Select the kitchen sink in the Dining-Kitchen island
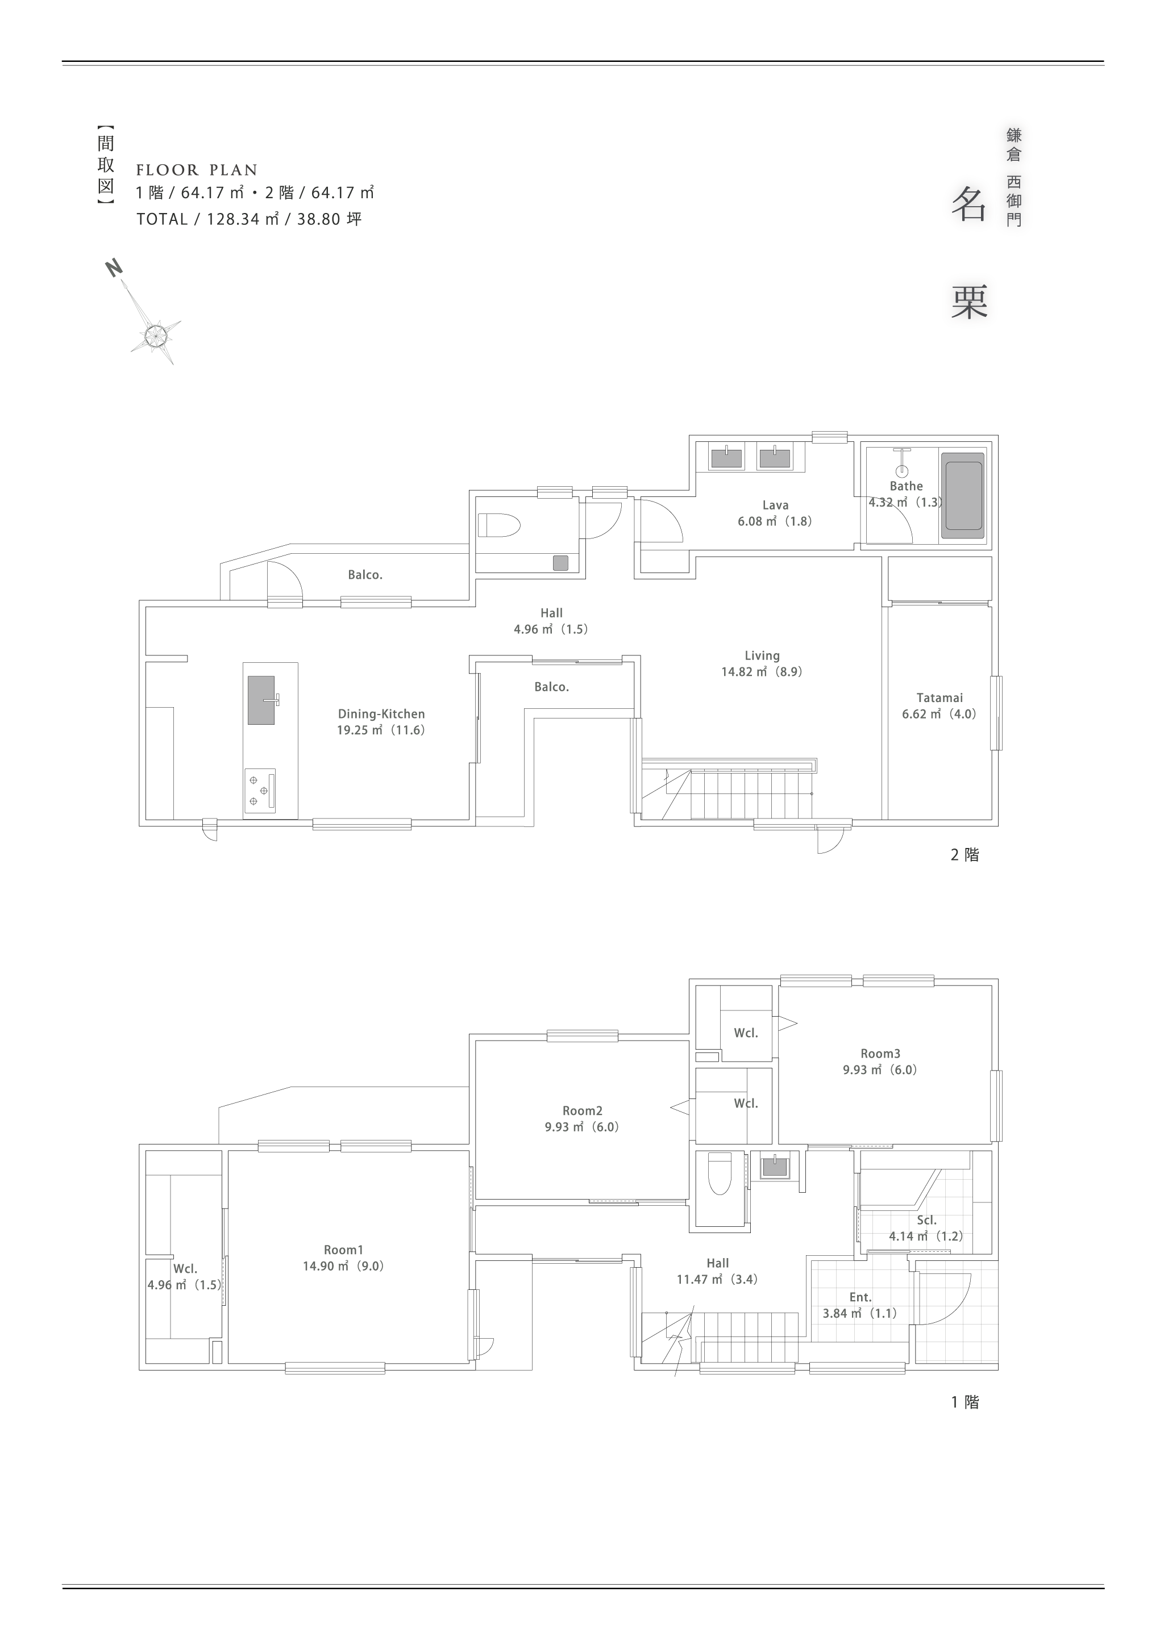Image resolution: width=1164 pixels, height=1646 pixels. [261, 700]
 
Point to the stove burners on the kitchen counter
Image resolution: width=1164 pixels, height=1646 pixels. [260, 790]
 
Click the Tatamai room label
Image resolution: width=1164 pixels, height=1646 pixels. [939, 697]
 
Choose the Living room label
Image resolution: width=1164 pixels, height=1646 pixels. [762, 655]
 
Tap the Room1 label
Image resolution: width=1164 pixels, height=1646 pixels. [343, 1250]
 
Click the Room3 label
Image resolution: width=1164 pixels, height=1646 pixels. [880, 1053]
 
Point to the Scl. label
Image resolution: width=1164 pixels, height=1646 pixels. [926, 1219]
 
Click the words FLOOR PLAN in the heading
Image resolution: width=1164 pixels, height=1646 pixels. [197, 170]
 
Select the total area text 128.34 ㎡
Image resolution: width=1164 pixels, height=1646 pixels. [243, 219]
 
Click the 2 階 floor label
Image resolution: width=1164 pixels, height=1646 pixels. [965, 855]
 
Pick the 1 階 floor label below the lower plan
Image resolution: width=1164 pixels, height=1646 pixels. [965, 1402]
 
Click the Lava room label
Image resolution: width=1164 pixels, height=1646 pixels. [775, 505]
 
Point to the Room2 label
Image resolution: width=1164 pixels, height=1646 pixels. [581, 1110]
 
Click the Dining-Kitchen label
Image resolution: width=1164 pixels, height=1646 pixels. [381, 713]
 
